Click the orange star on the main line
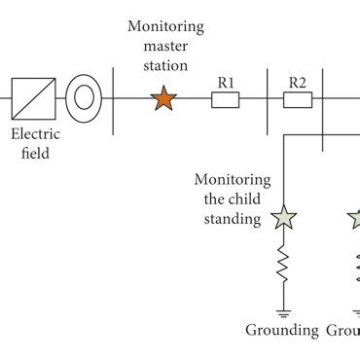click(x=163, y=98)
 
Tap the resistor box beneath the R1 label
click(x=226, y=98)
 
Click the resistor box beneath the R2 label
click(x=296, y=98)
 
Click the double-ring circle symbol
click(x=84, y=98)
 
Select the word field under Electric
click(x=35, y=153)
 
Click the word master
click(x=163, y=45)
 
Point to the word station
click(x=163, y=63)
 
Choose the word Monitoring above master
click(x=163, y=25)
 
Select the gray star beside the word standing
click(x=283, y=218)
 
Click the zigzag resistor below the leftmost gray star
click(x=283, y=265)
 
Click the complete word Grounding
click(x=281, y=331)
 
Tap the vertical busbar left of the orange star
click(x=116, y=98)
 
